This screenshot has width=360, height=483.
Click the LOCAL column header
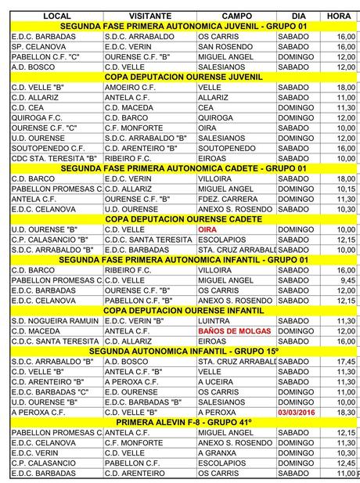[x=56, y=16]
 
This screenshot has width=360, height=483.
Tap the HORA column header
[x=339, y=16]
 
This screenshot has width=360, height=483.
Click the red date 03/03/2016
[x=298, y=412]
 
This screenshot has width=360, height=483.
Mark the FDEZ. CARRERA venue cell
[x=226, y=199]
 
